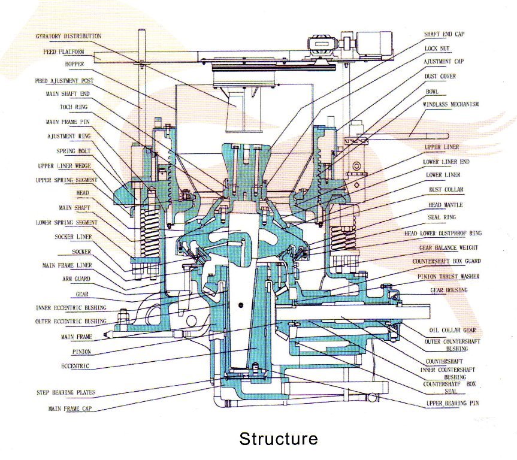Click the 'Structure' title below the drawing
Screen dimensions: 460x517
(x=279, y=438)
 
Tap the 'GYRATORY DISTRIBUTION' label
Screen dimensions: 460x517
(x=68, y=37)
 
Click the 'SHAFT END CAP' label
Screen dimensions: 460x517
(x=444, y=34)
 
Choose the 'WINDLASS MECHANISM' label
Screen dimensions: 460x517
(x=451, y=104)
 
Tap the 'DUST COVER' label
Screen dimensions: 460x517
(x=440, y=76)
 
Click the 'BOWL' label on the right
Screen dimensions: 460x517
(x=433, y=92)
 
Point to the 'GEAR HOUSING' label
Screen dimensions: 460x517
(x=448, y=290)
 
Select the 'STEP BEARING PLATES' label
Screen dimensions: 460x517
(x=65, y=393)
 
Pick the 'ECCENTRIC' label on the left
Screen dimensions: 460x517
(x=75, y=365)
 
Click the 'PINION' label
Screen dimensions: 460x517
(x=81, y=352)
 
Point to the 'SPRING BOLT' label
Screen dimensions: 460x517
(x=74, y=152)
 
